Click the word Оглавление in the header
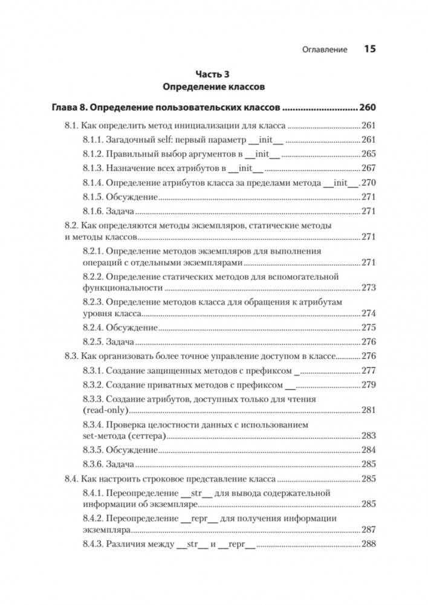tap(324, 50)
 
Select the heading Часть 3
tap(214, 75)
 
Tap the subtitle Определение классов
tap(214, 87)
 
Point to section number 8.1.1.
tap(92, 140)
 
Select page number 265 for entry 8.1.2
tap(368, 154)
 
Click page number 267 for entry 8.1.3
tap(368, 168)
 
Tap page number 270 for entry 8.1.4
tap(368, 183)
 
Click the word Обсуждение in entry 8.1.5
tap(132, 197)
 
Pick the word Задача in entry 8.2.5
tap(120, 342)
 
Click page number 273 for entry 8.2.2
tap(368, 288)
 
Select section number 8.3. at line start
tap(72, 357)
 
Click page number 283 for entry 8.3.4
tap(368, 436)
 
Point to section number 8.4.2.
tap(92, 519)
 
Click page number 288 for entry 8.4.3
tap(368, 544)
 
